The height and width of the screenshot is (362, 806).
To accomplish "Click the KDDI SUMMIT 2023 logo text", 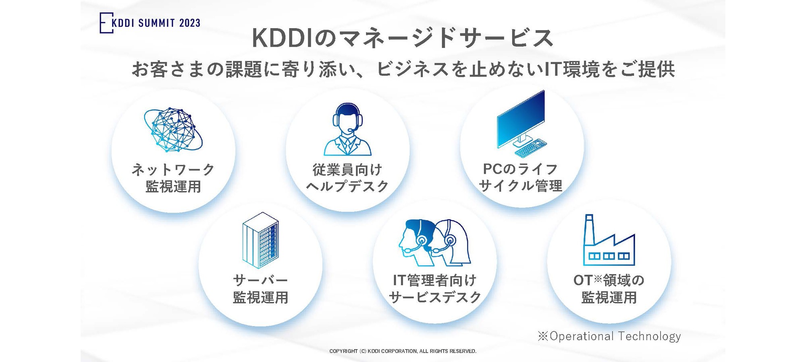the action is pyautogui.click(x=156, y=23).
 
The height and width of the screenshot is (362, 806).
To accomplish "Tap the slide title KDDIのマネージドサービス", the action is pyautogui.click(x=403, y=38).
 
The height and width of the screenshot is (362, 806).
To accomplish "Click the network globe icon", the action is pyautogui.click(x=173, y=130).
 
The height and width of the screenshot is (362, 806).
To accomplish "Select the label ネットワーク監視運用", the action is pyautogui.click(x=173, y=178).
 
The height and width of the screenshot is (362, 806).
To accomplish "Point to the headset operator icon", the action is pyautogui.click(x=347, y=130).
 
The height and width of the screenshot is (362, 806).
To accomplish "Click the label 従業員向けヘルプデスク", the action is pyautogui.click(x=347, y=178).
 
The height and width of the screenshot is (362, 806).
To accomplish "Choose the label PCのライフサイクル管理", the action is pyautogui.click(x=521, y=177).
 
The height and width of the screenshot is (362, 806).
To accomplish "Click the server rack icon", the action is pyautogui.click(x=260, y=241).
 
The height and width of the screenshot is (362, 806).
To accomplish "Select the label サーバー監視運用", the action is pyautogui.click(x=260, y=289).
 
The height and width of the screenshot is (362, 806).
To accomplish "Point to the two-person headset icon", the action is pyautogui.click(x=434, y=243).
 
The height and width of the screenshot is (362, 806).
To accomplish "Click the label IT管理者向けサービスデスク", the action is pyautogui.click(x=434, y=289).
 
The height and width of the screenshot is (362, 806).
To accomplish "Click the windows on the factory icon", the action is pyautogui.click(x=609, y=256).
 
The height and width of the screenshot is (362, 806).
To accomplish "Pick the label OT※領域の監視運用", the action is pyautogui.click(x=609, y=289).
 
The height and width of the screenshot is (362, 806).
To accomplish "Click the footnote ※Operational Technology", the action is pyautogui.click(x=609, y=336).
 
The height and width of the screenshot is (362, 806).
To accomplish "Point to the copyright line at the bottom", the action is pyautogui.click(x=403, y=351).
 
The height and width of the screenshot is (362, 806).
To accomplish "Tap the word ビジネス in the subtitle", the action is pyautogui.click(x=413, y=69).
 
